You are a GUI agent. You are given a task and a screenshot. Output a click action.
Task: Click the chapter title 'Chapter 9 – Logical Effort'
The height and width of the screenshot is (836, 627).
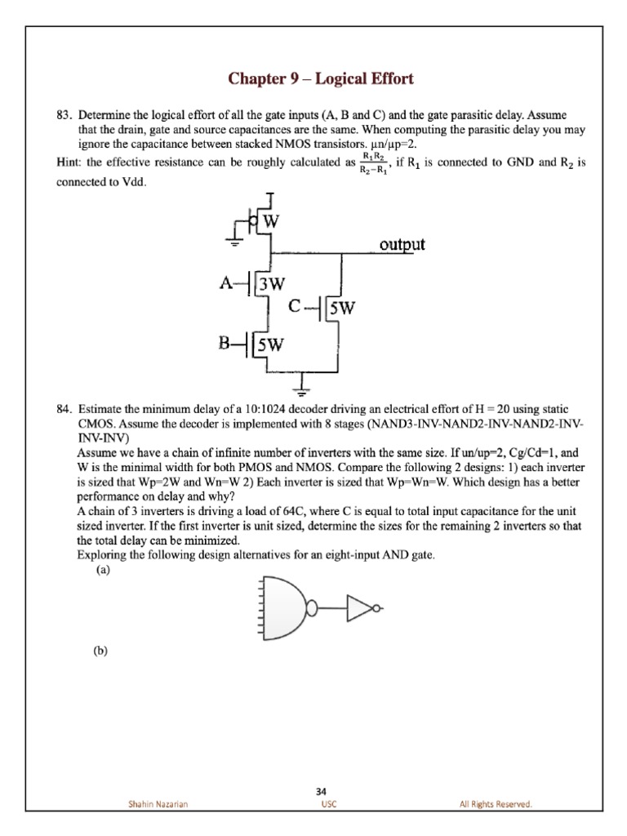point(321,79)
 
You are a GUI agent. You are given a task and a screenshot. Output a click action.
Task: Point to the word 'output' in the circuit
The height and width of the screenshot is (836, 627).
point(402,244)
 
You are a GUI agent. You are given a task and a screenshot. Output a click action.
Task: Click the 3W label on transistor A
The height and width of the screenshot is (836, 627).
point(271,284)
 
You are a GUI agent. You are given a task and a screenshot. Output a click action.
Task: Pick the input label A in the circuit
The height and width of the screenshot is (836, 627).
point(225,282)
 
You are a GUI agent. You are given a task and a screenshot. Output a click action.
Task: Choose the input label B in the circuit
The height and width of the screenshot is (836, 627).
point(225,343)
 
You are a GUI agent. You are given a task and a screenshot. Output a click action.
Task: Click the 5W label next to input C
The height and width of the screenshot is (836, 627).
point(341,308)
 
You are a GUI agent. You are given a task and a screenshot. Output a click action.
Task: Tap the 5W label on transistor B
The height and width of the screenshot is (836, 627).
point(271,344)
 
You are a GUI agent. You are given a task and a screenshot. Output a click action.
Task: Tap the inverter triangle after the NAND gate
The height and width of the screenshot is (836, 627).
point(359,607)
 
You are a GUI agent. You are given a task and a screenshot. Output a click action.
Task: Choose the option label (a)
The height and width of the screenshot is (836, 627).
point(102,571)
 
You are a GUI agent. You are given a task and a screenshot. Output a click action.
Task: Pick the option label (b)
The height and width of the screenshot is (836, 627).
point(102,651)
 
